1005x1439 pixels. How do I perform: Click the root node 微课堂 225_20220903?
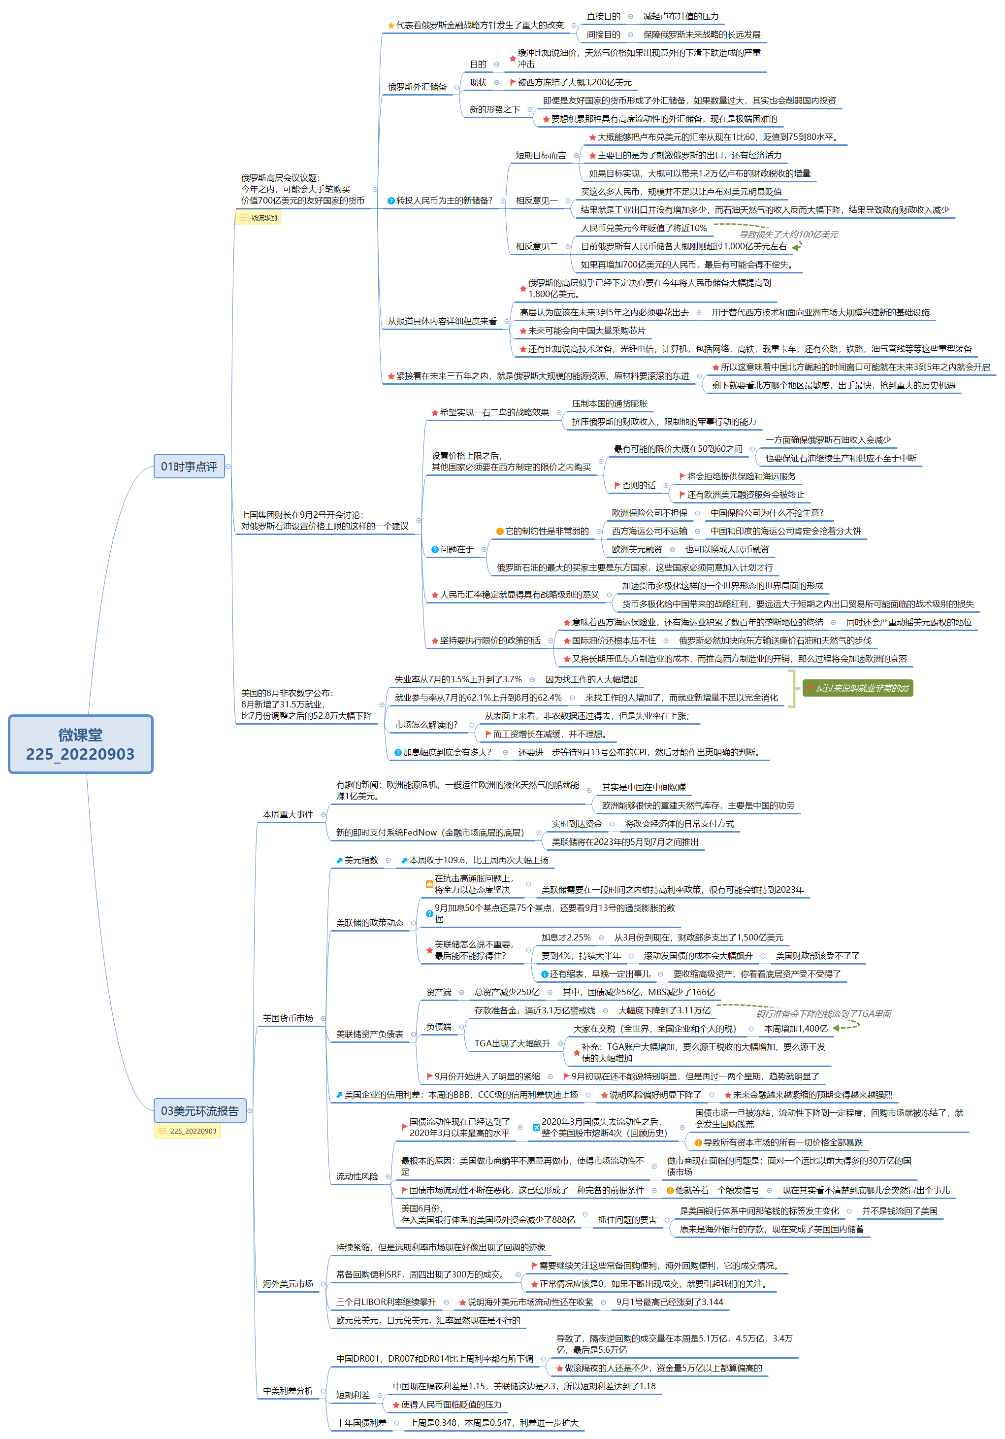tap(80, 744)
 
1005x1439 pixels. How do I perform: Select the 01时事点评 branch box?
tap(189, 467)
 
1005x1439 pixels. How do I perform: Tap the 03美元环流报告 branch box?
tap(199, 1110)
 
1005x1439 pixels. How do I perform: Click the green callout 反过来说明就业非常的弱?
tap(857, 688)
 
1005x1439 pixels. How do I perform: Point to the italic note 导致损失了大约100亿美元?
tap(788, 234)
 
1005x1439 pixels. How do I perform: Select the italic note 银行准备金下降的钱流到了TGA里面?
tap(823, 1013)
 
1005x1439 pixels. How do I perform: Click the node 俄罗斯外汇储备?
tap(417, 87)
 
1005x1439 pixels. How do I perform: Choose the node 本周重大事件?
tap(288, 814)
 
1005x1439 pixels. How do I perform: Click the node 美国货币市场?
tap(288, 1018)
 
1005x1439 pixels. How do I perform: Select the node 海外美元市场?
tap(288, 1283)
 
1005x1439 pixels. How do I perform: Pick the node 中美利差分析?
tap(288, 1390)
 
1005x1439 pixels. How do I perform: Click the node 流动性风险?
tap(357, 1176)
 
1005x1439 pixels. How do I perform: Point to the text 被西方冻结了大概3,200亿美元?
tap(574, 82)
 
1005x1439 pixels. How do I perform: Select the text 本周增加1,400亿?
tap(795, 1029)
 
